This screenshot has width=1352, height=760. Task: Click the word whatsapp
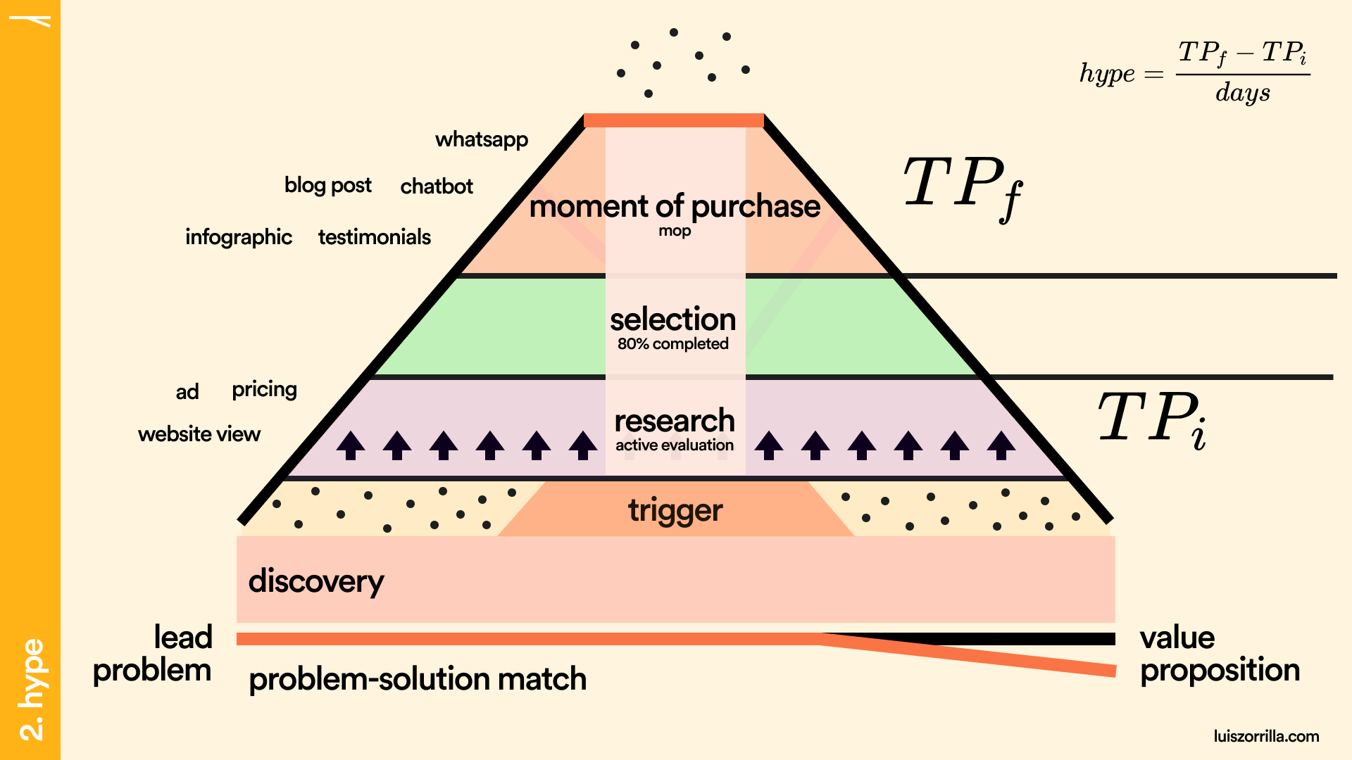pos(482,139)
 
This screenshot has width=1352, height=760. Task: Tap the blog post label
pos(327,185)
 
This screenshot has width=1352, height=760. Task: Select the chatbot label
pos(437,186)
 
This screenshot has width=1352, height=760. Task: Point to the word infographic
pos(239,237)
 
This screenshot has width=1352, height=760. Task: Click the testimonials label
pos(375,237)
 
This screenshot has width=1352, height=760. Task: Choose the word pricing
pos(265,389)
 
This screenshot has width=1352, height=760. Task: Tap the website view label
pos(199,434)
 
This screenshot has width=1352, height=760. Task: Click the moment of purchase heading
pos(675,206)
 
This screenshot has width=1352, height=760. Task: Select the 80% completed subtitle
pos(673,344)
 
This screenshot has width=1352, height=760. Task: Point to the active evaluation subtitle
pos(675,445)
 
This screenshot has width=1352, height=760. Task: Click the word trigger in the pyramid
pos(675,510)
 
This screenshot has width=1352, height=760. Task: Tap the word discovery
pos(316,581)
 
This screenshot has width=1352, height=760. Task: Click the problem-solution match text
pos(418,679)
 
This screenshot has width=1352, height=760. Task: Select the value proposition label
pos(1220,654)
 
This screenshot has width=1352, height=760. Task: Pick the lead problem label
pos(153,654)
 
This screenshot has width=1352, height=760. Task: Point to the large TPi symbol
pos(1153,418)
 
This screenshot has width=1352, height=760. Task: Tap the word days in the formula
pos(1243,93)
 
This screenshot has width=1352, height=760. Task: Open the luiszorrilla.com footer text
pos(1266,736)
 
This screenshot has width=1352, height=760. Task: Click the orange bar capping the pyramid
pos(674,120)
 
